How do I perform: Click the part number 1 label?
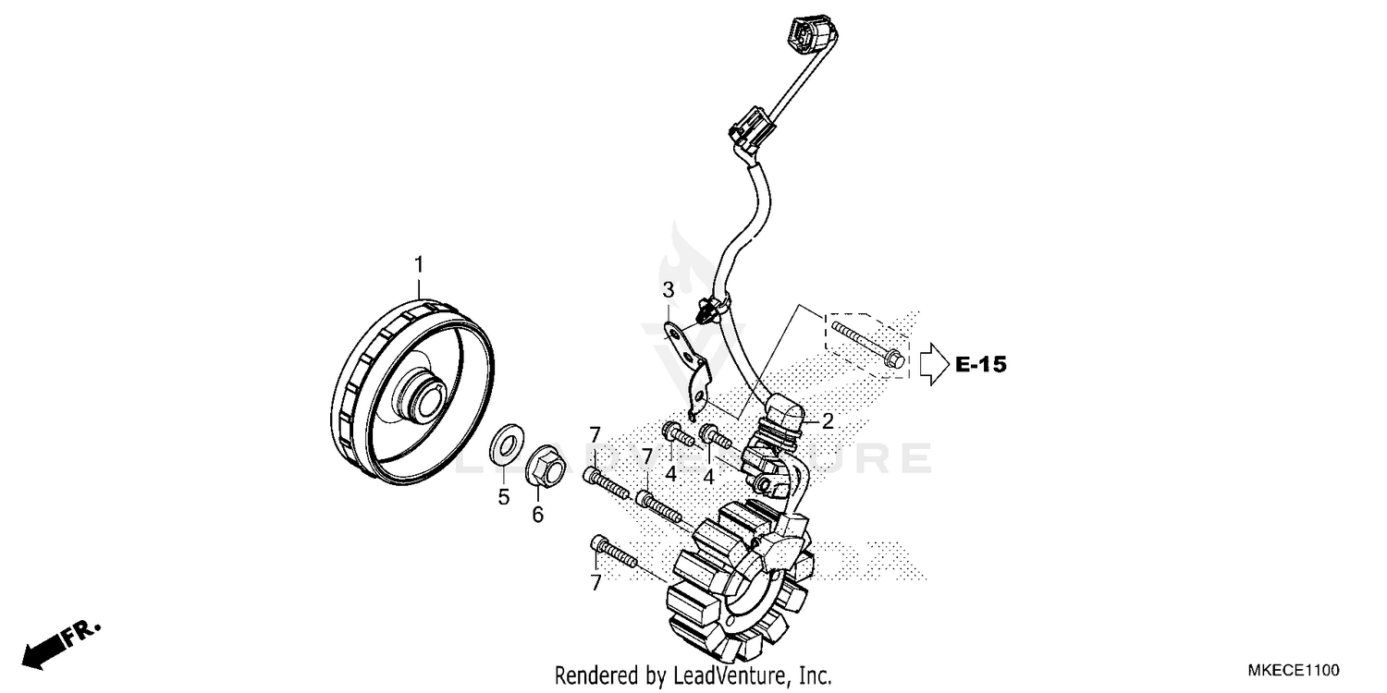[x=418, y=265]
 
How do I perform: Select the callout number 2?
[x=828, y=421]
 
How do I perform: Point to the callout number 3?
[x=668, y=292]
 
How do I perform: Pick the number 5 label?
[x=504, y=497]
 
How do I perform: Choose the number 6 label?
[x=537, y=515]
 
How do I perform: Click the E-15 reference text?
[x=980, y=365]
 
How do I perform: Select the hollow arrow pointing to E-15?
[x=932, y=363]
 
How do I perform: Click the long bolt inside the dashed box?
[x=865, y=341]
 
